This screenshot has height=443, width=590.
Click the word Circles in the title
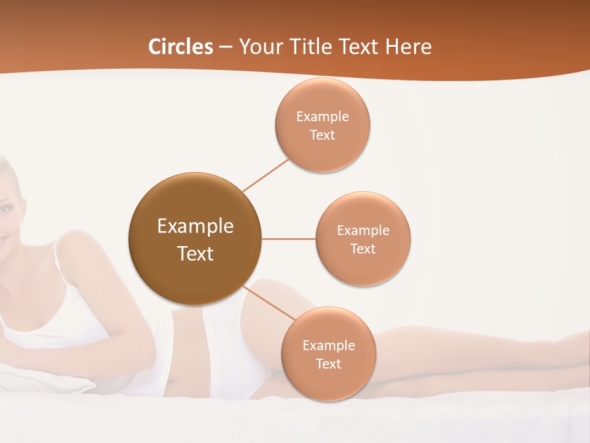pyautogui.click(x=180, y=47)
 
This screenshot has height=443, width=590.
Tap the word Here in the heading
pyautogui.click(x=408, y=47)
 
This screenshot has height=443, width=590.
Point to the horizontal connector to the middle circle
pyautogui.click(x=289, y=239)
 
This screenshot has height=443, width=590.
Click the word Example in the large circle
pyautogui.click(x=195, y=226)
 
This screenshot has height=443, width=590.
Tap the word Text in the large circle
pyautogui.click(x=195, y=253)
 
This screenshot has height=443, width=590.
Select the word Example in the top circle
pyautogui.click(x=323, y=116)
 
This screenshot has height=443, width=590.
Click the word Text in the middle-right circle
pyautogui.click(x=363, y=249)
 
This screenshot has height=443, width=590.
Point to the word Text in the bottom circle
pyautogui.click(x=329, y=364)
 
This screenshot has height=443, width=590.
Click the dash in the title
pyautogui.click(x=226, y=47)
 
